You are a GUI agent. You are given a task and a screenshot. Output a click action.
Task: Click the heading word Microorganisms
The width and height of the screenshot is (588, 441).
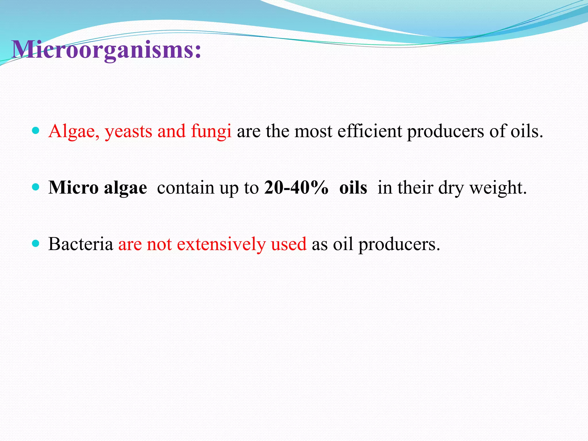coord(106,49)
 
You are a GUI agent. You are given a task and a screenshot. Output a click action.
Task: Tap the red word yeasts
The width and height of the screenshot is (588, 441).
coord(128,131)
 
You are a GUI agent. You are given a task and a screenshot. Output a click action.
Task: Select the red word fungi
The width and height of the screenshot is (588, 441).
coord(211,131)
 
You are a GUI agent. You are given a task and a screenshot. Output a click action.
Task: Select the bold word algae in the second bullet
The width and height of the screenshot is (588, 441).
coord(125,188)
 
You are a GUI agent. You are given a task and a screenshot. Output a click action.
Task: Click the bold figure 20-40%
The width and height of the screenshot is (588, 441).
coord(296,187)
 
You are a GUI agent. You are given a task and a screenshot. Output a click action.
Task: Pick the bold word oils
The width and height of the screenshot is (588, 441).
coord(353,187)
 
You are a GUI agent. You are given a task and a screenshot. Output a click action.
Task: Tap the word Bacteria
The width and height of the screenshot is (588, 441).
coord(81,244)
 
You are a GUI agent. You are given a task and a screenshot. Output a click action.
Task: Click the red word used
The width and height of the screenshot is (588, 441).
coord(289,244)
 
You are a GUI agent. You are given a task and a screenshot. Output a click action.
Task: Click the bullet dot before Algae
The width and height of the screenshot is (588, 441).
coord(36,131)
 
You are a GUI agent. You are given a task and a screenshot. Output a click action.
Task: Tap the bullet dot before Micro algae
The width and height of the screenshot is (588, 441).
coord(36,187)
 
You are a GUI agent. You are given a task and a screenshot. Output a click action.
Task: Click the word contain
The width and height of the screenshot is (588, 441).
coord(185,187)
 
